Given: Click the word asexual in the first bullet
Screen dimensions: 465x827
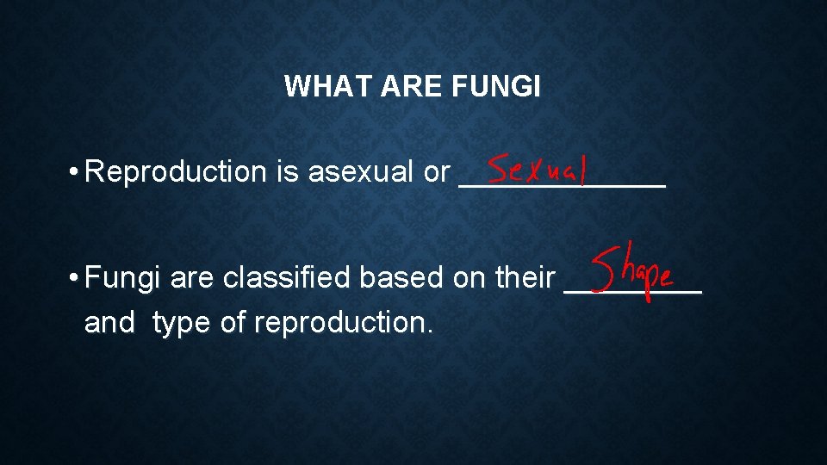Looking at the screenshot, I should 362,172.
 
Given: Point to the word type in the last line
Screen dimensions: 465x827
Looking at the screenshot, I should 181,323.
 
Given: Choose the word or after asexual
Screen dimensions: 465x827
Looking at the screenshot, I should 437,172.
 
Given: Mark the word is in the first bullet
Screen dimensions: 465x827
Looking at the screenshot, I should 287,172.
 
